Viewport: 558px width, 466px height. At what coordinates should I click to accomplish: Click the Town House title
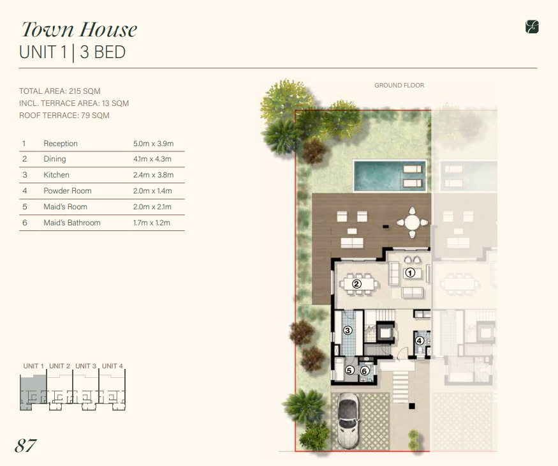click(79, 29)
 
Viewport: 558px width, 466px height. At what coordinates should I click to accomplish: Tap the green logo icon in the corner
click(532, 27)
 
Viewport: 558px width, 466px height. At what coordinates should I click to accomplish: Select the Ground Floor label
click(399, 86)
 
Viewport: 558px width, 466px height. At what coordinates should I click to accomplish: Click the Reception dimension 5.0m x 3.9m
click(154, 144)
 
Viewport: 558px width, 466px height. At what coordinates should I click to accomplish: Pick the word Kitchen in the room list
click(56, 175)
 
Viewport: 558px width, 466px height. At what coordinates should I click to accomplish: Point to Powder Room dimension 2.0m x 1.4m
click(152, 191)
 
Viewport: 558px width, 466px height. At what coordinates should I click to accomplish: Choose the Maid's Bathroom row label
click(72, 223)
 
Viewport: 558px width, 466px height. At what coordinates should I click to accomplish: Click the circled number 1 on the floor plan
click(410, 273)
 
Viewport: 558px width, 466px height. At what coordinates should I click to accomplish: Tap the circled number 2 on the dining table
click(356, 284)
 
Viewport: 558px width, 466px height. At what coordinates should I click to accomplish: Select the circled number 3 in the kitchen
click(348, 330)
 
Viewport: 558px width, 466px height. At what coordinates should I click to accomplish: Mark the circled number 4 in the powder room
click(419, 341)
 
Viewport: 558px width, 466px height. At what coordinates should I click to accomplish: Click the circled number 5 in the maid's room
click(349, 370)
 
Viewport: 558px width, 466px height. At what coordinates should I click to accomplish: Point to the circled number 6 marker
click(364, 372)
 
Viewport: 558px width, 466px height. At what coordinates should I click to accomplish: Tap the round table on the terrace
click(412, 223)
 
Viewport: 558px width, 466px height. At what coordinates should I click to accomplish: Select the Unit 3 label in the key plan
click(85, 366)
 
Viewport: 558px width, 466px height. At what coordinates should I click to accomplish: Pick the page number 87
click(26, 446)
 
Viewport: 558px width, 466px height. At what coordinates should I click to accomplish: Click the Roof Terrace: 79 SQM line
click(64, 116)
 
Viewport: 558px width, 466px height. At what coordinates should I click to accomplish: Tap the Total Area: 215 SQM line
click(60, 91)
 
